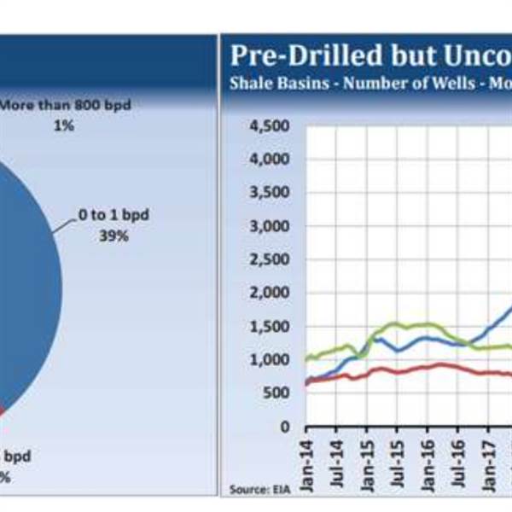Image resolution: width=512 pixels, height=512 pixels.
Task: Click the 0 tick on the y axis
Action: pyautogui.click(x=287, y=427)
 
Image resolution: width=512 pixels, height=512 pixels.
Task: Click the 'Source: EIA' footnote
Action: pyautogui.click(x=253, y=489)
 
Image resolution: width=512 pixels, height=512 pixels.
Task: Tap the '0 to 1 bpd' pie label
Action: pyautogui.click(x=113, y=215)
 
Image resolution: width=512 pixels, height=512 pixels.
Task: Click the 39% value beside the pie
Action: pyautogui.click(x=113, y=236)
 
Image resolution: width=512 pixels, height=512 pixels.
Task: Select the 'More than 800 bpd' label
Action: pyautogui.click(x=72, y=107)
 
